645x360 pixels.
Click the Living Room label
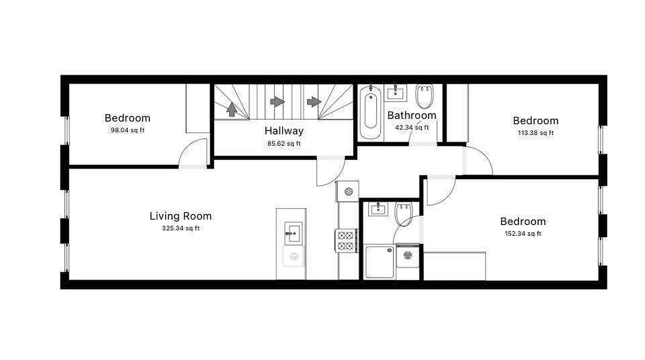coord(180,216)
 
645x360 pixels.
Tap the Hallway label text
coord(284,131)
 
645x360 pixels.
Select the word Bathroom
coord(411,115)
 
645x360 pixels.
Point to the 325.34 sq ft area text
coord(180,228)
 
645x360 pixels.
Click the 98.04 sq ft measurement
coord(127,130)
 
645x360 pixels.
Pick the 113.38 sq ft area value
coord(536,133)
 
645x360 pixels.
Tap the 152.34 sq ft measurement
coord(523,234)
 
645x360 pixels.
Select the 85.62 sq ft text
coord(284,144)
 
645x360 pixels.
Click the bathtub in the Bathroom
coord(371,111)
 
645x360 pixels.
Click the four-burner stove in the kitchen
coord(346,240)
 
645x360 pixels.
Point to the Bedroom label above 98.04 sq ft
coord(127,118)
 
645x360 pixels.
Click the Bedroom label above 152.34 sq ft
coord(523,221)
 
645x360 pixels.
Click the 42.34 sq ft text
coord(412,127)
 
